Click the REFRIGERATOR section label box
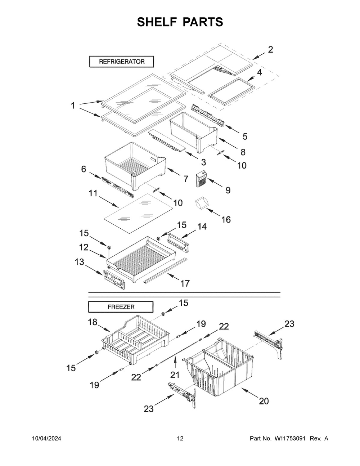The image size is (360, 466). point(122,62)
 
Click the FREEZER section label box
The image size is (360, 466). point(121,307)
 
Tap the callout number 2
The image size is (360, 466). point(270,50)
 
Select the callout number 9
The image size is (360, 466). point(228,190)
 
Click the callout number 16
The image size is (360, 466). point(226,219)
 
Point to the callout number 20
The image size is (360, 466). point(264,401)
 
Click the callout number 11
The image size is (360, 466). point(93,193)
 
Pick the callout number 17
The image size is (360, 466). point(185,283)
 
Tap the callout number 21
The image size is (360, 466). point(175,375)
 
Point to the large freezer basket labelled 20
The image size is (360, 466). point(220,367)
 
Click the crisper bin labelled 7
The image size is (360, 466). point(135,164)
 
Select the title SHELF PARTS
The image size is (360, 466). point(180,22)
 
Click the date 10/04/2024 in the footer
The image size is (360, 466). point(46,438)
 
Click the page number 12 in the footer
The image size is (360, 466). point(180,438)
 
